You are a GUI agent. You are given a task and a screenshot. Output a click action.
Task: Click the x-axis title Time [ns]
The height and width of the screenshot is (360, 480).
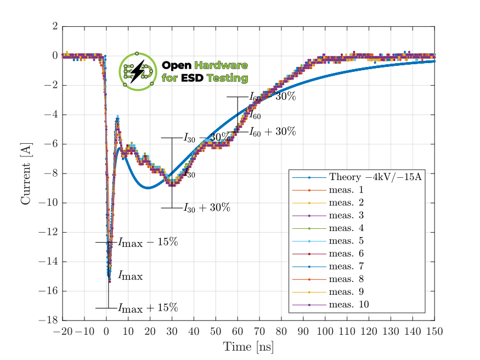point(248,347)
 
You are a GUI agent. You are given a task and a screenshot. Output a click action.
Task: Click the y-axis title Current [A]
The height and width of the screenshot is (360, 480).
point(26,173)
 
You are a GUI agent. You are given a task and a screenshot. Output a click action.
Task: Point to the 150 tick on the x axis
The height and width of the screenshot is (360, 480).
point(434,331)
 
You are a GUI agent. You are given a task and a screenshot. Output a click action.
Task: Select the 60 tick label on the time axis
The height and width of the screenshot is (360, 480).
point(238,331)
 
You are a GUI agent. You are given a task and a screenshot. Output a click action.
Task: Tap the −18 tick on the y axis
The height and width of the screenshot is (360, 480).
point(50,320)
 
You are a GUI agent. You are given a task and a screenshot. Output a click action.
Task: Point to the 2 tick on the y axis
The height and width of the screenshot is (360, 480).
point(54,26)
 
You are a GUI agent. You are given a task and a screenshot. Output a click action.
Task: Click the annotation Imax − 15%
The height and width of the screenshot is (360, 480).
point(148,242)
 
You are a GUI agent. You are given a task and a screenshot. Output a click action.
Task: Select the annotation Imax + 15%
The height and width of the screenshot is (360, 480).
point(148,307)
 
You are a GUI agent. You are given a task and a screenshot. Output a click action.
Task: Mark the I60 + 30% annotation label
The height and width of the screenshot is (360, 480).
point(272,132)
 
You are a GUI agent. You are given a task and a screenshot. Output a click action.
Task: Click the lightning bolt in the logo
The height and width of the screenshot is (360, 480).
point(138,71)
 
